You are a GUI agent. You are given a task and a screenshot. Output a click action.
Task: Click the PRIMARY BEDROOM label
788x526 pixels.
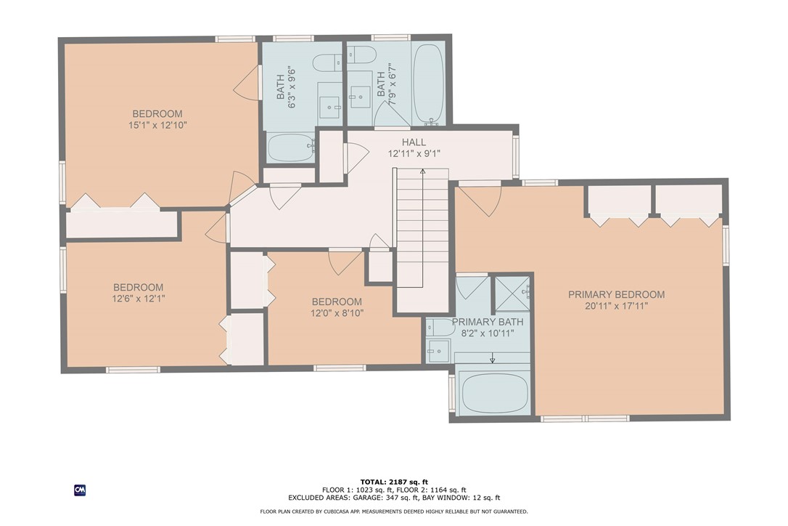coord(616,294)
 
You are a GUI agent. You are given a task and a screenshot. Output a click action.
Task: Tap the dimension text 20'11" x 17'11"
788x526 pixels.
coord(616,306)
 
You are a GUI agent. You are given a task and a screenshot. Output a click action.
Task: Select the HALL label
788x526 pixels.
coord(414,142)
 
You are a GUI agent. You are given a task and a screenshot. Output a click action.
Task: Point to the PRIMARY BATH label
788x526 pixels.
coord(483,322)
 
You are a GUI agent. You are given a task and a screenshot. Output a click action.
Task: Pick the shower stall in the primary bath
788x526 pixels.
coord(513,293)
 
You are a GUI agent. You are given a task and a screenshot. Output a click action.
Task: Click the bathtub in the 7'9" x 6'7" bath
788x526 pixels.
coord(428,84)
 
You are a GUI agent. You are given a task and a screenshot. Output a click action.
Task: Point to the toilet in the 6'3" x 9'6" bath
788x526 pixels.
coord(328,63)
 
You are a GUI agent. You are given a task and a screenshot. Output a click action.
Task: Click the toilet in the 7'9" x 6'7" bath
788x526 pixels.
coord(361,54)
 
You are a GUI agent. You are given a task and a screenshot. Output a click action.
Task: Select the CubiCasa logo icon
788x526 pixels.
coord(80,490)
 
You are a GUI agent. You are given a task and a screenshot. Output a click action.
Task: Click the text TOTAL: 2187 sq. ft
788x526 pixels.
coord(395,481)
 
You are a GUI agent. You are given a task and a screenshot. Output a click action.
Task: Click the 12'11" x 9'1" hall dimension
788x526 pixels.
coord(414,153)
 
